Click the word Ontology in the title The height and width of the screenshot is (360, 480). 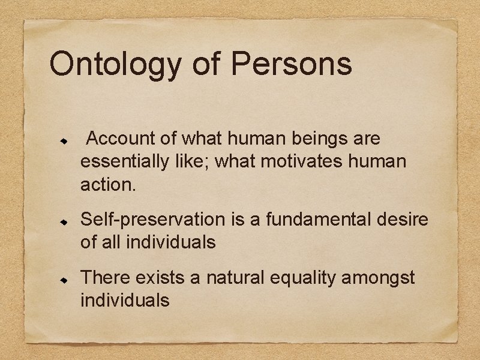116,64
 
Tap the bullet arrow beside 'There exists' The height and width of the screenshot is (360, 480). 61,280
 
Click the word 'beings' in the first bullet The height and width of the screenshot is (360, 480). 321,139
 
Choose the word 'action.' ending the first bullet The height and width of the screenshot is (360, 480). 109,185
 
